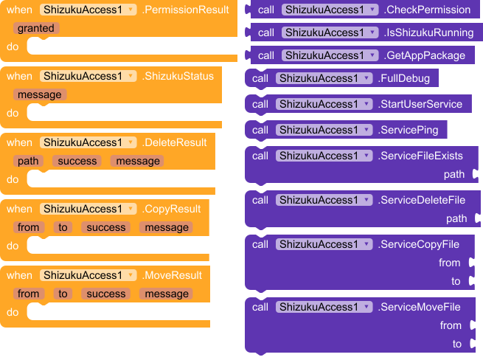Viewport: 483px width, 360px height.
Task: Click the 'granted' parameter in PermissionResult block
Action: tap(36, 28)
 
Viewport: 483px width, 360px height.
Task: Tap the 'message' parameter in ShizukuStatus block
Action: tap(40, 94)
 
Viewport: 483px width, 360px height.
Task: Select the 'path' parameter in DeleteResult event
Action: tap(29, 161)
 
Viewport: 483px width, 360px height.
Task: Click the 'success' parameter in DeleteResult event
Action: tap(77, 161)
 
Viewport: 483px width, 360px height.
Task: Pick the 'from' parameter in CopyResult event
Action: tap(29, 227)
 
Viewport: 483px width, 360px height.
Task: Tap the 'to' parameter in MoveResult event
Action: tap(63, 294)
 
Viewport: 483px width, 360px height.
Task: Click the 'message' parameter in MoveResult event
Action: tap(167, 294)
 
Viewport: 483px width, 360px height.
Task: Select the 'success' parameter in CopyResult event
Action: tap(106, 227)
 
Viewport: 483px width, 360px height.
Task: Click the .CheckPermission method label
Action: tap(427, 10)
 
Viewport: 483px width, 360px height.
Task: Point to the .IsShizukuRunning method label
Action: tap(430, 32)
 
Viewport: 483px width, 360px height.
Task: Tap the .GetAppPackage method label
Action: tap(425, 55)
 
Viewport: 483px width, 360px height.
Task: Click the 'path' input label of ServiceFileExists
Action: tap(454, 175)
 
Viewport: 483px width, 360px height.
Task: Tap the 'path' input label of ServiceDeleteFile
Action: tap(456, 218)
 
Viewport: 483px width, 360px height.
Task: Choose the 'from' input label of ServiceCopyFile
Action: tap(449, 263)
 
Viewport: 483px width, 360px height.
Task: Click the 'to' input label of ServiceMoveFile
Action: tap(456, 344)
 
